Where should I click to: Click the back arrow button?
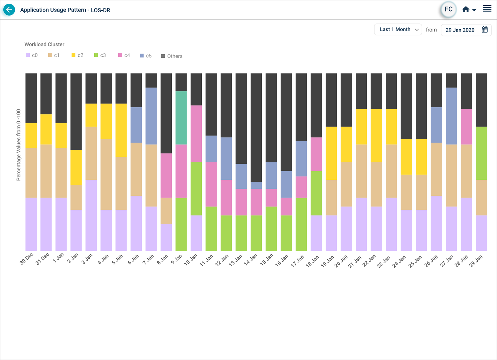(9, 10)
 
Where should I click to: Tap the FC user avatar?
(448, 10)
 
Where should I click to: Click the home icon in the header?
(466, 10)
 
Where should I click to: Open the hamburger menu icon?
(487, 9)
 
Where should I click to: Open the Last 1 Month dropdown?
(398, 30)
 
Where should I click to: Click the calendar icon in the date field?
(484, 30)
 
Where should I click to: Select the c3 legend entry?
(100, 55)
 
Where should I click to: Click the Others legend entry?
(172, 56)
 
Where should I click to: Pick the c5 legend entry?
(145, 56)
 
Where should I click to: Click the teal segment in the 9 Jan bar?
(181, 118)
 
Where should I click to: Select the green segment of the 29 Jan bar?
(481, 153)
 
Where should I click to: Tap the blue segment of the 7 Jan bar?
(151, 116)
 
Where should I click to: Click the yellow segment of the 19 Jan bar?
(331, 153)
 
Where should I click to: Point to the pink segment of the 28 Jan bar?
(466, 126)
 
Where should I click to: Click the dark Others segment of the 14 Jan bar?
(256, 127)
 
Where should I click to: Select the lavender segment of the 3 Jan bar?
(91, 215)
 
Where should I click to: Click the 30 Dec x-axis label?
(27, 258)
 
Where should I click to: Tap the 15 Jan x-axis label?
(267, 260)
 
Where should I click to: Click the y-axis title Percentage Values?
(19, 145)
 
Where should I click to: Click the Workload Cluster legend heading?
(45, 44)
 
